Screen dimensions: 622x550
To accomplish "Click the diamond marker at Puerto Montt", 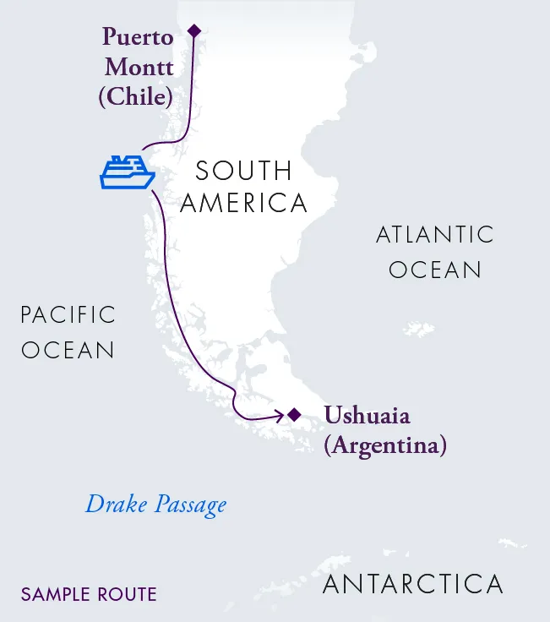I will (194, 31).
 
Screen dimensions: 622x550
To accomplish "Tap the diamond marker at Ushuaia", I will (294, 414).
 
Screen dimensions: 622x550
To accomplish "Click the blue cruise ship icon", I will (127, 172).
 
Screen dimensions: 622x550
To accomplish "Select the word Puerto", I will (138, 38).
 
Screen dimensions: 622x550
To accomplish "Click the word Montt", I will (139, 68).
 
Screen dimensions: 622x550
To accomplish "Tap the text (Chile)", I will (136, 96).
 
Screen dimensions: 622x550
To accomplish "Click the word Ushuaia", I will (368, 416).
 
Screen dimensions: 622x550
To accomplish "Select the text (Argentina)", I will (384, 445).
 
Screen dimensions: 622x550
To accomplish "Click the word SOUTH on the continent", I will (243, 171).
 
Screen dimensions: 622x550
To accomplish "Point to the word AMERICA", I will (243, 203).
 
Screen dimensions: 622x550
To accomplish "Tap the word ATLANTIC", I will (434, 235).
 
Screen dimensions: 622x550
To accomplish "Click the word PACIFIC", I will (68, 315).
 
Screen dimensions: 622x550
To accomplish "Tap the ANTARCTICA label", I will (413, 584).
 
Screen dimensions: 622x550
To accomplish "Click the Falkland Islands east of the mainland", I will (420, 329).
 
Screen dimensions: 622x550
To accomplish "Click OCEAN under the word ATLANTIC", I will (434, 270).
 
